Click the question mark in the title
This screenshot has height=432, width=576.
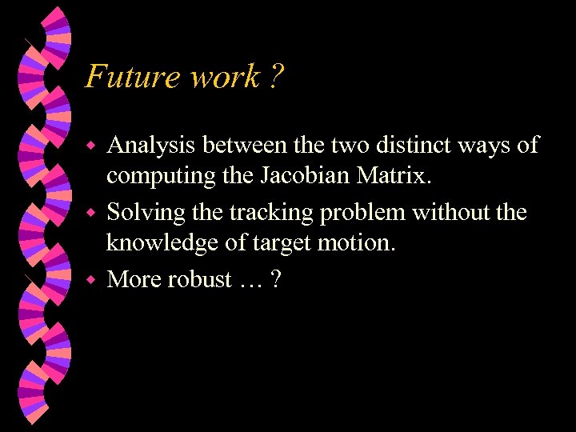277,78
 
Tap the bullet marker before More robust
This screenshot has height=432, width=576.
91,280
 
